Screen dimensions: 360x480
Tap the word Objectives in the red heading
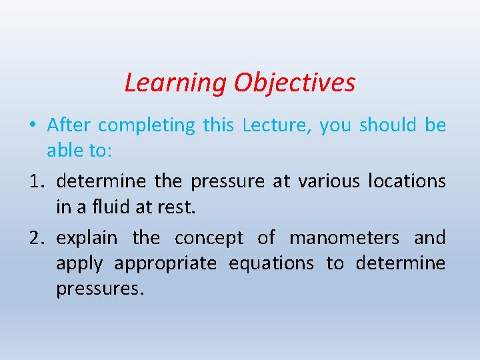pos(294,83)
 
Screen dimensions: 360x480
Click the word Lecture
pos(273,125)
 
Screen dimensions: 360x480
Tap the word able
pos(64,151)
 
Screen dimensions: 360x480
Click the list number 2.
pos(37,238)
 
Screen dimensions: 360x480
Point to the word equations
pos(271,264)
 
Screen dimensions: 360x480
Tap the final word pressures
pos(99,290)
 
